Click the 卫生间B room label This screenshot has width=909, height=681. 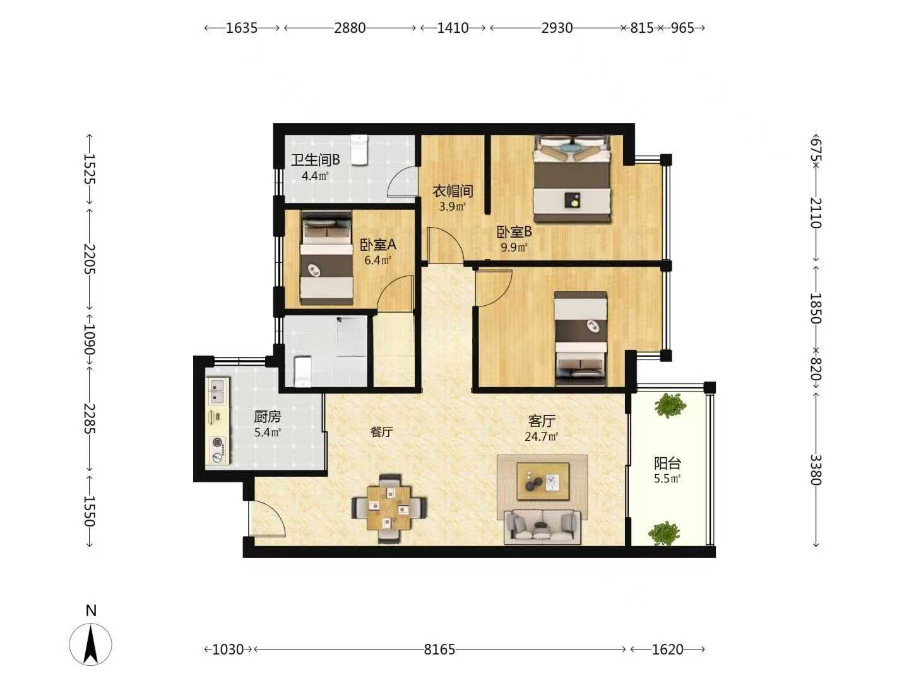click(x=315, y=160)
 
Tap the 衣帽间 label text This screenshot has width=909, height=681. click(x=453, y=191)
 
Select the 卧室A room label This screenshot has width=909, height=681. click(x=377, y=245)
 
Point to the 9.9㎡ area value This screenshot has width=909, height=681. click(x=514, y=247)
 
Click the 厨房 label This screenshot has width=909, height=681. click(x=268, y=416)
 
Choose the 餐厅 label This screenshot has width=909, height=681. click(x=381, y=432)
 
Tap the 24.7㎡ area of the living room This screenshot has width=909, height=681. click(x=541, y=436)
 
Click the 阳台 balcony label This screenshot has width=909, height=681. click(x=668, y=463)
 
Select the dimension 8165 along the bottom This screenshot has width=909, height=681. click(x=439, y=649)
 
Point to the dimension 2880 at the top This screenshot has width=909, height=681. click(x=350, y=28)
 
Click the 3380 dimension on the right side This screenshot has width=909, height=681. click(x=816, y=470)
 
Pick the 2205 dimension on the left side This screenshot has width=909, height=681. click(x=90, y=259)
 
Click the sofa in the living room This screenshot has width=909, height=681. click(x=542, y=527)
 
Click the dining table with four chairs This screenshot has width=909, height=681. click(x=389, y=508)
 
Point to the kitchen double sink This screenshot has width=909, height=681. click(x=218, y=390)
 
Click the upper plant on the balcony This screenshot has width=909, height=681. click(x=668, y=405)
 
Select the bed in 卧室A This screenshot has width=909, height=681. click(x=326, y=259)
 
